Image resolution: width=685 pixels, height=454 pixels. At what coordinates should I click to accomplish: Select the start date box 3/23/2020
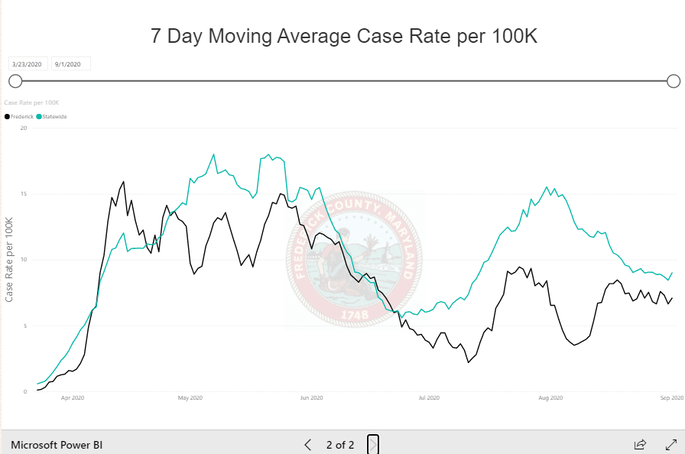click(x=28, y=64)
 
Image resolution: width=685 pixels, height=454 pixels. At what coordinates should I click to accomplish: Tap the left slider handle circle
click(x=15, y=81)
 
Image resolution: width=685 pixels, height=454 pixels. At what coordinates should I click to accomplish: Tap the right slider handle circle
click(x=674, y=81)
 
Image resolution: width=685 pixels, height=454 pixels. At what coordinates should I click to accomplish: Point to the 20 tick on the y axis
click(x=24, y=128)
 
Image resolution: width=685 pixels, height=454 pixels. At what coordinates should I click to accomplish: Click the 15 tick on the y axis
click(x=24, y=194)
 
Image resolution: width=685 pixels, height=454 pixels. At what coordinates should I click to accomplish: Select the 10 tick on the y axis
click(x=24, y=260)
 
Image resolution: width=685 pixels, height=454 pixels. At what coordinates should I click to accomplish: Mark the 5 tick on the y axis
click(x=25, y=326)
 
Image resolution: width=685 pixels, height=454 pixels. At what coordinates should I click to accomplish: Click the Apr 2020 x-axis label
click(x=72, y=398)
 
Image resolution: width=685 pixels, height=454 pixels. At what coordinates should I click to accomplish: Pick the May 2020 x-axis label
click(x=190, y=398)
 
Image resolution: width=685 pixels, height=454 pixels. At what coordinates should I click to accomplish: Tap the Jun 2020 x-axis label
click(x=311, y=398)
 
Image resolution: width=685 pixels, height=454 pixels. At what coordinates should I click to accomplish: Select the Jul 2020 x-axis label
click(x=429, y=398)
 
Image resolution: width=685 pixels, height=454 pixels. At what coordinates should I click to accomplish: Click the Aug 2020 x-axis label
click(x=550, y=398)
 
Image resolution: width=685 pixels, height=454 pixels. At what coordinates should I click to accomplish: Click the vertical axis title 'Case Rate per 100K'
click(x=10, y=260)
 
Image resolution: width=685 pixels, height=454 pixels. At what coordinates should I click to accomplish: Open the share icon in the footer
click(x=640, y=444)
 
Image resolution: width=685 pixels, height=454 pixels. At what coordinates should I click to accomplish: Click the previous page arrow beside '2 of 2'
click(x=308, y=444)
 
